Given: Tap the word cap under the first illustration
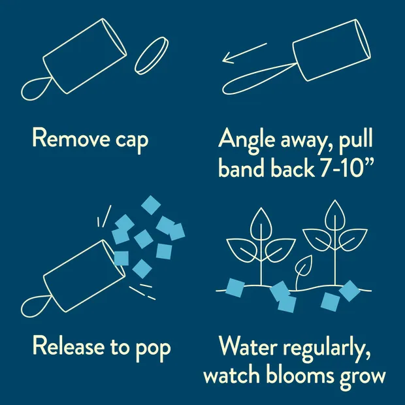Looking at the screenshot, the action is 132,141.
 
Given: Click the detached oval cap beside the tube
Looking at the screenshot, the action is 152,56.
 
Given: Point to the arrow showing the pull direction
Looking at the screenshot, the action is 244,53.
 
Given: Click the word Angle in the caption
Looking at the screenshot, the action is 246,140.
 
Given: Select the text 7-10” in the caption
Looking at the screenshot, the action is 347,168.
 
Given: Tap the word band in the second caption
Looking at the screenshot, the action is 241,167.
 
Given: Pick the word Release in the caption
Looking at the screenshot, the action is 69,346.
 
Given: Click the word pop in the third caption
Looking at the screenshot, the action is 153,349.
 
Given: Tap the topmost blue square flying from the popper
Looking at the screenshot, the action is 151,205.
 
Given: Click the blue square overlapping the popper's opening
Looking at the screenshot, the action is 121,258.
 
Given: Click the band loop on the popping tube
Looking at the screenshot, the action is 36,306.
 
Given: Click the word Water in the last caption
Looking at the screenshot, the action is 248,346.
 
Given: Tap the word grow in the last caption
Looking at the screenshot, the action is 363,378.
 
